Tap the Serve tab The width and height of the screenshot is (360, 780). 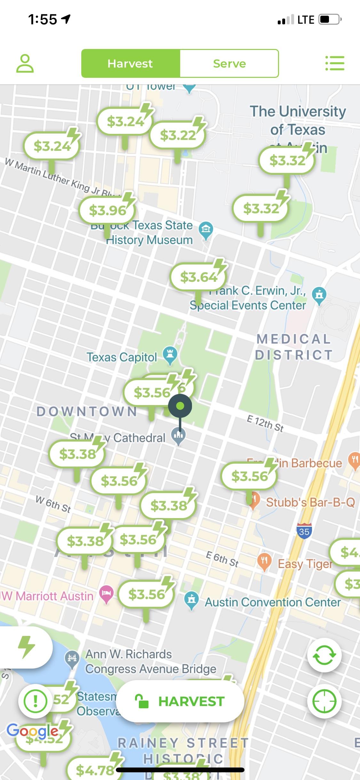coord(229,63)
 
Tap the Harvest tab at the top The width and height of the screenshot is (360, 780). coord(130,63)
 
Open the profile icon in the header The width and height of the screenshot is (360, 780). coord(25,63)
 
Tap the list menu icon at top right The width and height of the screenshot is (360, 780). coord(335,63)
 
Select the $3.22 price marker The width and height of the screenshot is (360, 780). coord(177,135)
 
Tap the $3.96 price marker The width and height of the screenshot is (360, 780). coord(107,210)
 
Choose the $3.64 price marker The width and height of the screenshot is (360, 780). coord(198,277)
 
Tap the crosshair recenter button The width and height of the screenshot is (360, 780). coord(324,701)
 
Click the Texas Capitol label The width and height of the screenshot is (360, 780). coord(122,357)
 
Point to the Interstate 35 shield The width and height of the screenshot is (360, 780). coord(304,531)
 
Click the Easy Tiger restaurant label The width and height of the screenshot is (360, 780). coord(305,563)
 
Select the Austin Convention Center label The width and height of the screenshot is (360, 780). coord(273,602)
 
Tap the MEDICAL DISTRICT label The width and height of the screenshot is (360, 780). coord(293,347)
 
